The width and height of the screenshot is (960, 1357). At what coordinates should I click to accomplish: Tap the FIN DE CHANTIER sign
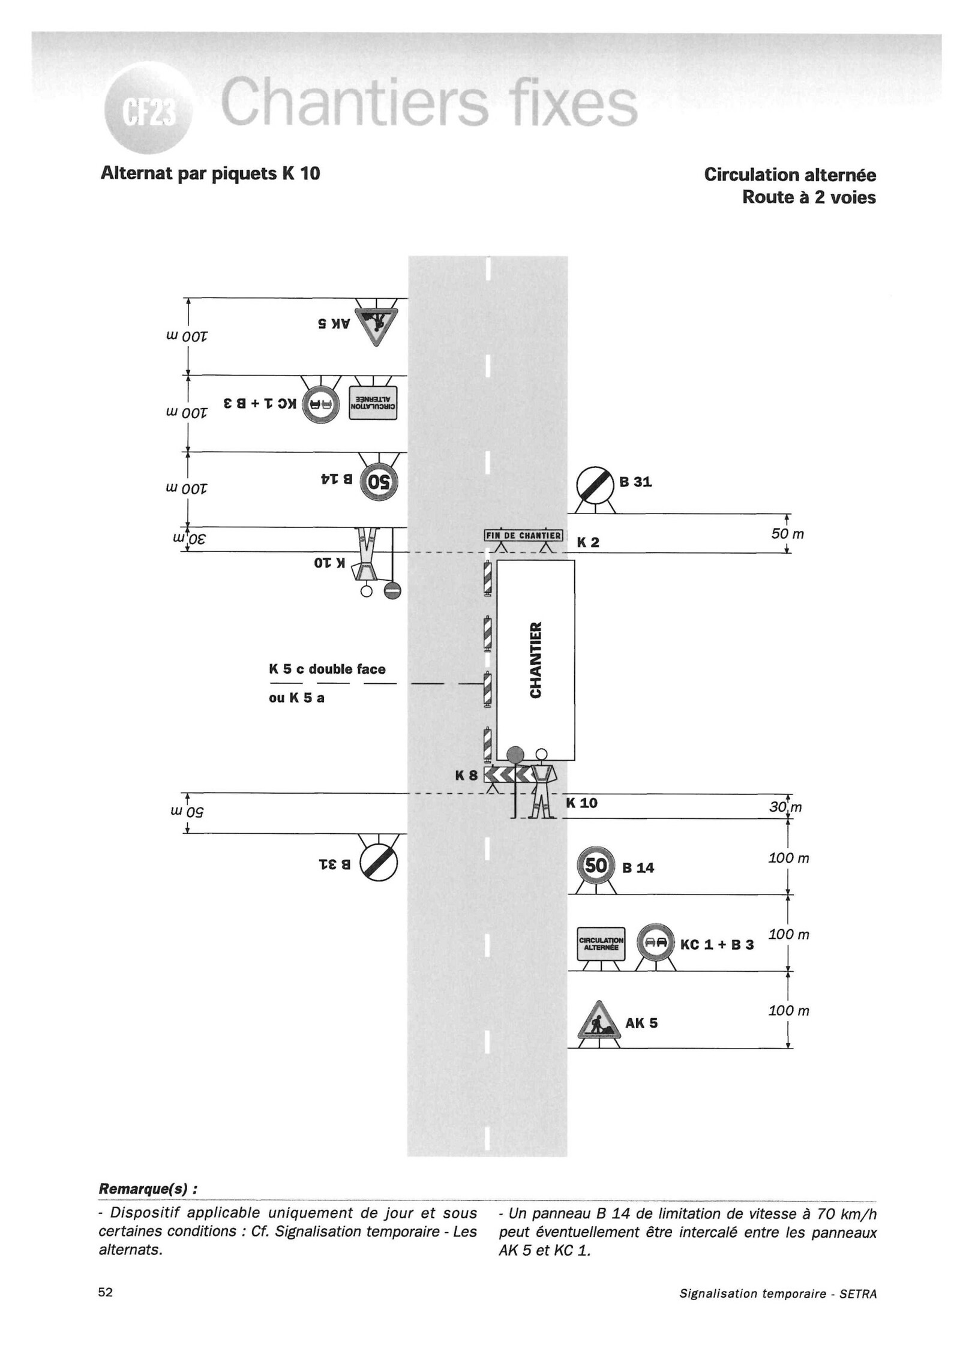(523, 536)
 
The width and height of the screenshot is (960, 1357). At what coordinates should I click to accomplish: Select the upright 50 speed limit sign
(596, 866)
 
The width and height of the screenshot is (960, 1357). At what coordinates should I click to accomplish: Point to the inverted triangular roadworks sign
(376, 325)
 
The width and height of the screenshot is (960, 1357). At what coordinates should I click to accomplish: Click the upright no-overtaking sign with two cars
(655, 943)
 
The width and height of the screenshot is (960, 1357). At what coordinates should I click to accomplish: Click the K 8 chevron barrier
(510, 776)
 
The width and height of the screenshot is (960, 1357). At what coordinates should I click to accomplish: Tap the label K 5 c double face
(327, 669)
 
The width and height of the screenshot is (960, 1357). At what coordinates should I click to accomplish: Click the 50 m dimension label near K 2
(787, 533)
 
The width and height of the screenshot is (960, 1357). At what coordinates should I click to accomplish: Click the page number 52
(106, 1292)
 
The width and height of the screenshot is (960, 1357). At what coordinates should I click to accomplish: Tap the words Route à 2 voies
(808, 197)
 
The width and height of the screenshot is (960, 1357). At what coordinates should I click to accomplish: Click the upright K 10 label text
(581, 803)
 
